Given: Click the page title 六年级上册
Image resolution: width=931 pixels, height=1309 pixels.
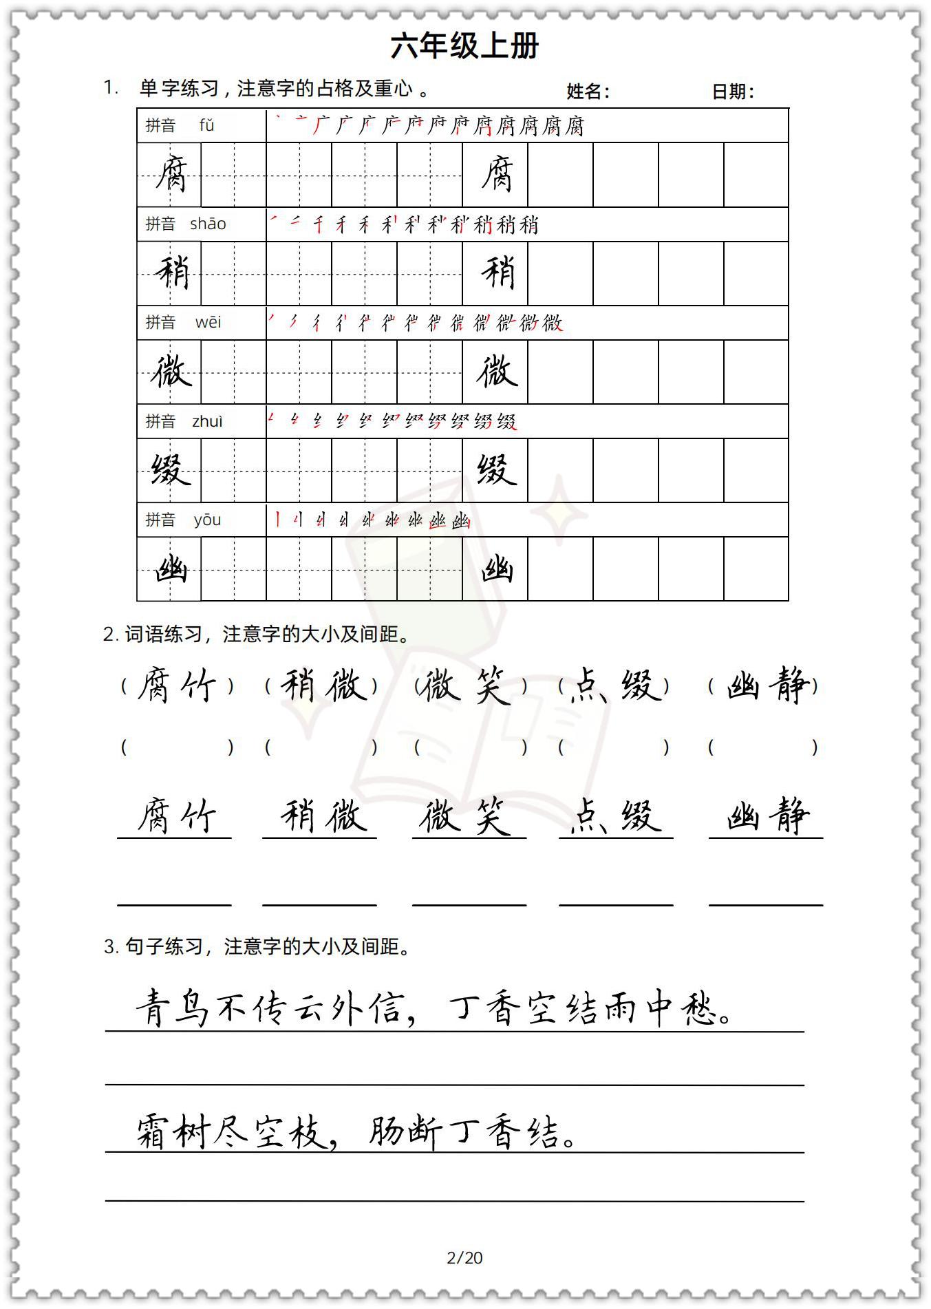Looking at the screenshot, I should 464,46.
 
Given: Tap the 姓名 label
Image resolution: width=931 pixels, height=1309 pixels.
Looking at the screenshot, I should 587,92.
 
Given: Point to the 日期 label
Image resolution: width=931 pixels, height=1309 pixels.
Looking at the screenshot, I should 732,92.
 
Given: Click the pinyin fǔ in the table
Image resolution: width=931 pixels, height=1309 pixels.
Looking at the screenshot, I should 206,125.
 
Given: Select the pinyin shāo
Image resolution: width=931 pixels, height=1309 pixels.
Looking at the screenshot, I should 208,224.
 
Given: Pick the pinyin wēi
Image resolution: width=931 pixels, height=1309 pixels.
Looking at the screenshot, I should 208,322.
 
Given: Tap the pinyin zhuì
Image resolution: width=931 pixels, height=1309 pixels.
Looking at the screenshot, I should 207,421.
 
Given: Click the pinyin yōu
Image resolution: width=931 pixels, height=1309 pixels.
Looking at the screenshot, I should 207,520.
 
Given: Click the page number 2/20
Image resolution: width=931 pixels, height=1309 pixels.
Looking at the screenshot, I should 464,1257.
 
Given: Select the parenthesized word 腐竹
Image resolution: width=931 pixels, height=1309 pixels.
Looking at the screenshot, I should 177,685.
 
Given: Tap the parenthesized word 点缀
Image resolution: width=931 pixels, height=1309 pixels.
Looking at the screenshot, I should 614,685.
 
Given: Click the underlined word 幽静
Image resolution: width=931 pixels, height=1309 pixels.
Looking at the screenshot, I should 767,816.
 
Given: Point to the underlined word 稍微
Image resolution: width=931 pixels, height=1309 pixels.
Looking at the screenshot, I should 320,816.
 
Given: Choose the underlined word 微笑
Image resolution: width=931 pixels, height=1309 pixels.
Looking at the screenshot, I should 468,816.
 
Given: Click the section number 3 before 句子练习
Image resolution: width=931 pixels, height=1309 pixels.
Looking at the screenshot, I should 110,947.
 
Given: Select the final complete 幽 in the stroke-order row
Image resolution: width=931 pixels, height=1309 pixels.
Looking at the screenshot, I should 460,520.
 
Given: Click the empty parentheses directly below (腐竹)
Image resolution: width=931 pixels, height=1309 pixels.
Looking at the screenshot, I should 177,747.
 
